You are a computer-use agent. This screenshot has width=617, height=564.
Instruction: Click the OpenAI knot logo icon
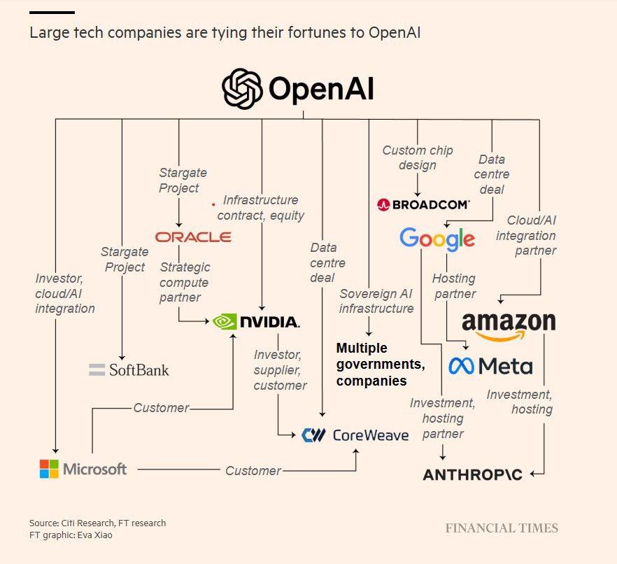242,89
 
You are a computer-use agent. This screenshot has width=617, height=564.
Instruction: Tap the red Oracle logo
193,237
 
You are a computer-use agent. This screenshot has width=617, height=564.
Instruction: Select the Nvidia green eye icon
225,322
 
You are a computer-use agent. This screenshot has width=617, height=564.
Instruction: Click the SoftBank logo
129,369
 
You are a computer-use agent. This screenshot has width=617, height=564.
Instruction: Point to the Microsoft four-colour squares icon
49,469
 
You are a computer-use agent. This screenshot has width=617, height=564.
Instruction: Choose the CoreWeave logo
355,435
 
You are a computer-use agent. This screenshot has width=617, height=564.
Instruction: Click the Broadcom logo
423,204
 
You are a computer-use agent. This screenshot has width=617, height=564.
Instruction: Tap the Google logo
437,239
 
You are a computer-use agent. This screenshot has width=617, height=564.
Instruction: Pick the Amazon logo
509,325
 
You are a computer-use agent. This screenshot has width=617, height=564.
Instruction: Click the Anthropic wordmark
472,475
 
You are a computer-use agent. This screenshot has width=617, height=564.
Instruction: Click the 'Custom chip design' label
418,157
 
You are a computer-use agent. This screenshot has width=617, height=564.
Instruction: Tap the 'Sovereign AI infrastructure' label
376,301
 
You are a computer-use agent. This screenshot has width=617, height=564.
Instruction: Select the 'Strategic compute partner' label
185,282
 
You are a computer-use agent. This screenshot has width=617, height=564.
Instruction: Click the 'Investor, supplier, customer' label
280,370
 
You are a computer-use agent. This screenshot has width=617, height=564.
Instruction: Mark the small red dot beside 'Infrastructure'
213,205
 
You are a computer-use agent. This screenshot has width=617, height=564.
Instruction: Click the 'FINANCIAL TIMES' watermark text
502,528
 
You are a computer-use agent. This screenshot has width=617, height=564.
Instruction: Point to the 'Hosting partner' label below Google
454,286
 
